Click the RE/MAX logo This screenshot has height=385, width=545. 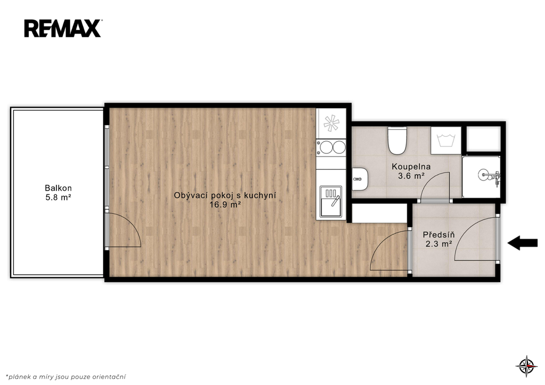63,28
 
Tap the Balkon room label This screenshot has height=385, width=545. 58,188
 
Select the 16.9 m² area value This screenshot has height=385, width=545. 225,205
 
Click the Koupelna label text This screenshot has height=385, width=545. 411,167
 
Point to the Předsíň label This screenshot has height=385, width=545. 439,235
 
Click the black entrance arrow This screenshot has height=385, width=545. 523,243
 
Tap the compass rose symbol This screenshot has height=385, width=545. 526,366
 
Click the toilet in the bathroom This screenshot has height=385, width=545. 397,141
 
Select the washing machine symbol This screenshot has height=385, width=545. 446,140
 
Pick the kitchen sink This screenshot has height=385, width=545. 331,201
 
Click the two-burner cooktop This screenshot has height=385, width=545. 331,147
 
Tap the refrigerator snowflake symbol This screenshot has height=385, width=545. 331,123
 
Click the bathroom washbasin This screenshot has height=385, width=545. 360,179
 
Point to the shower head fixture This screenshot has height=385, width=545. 490,176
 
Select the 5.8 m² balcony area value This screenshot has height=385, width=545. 58,198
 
